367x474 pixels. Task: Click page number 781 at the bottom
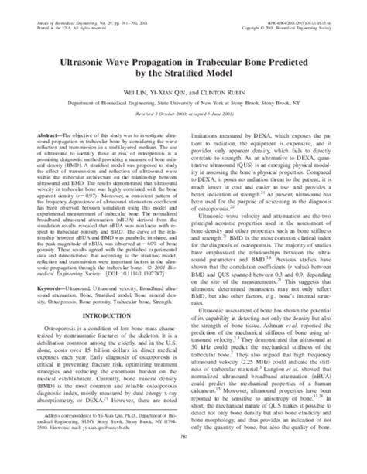point(183,462)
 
